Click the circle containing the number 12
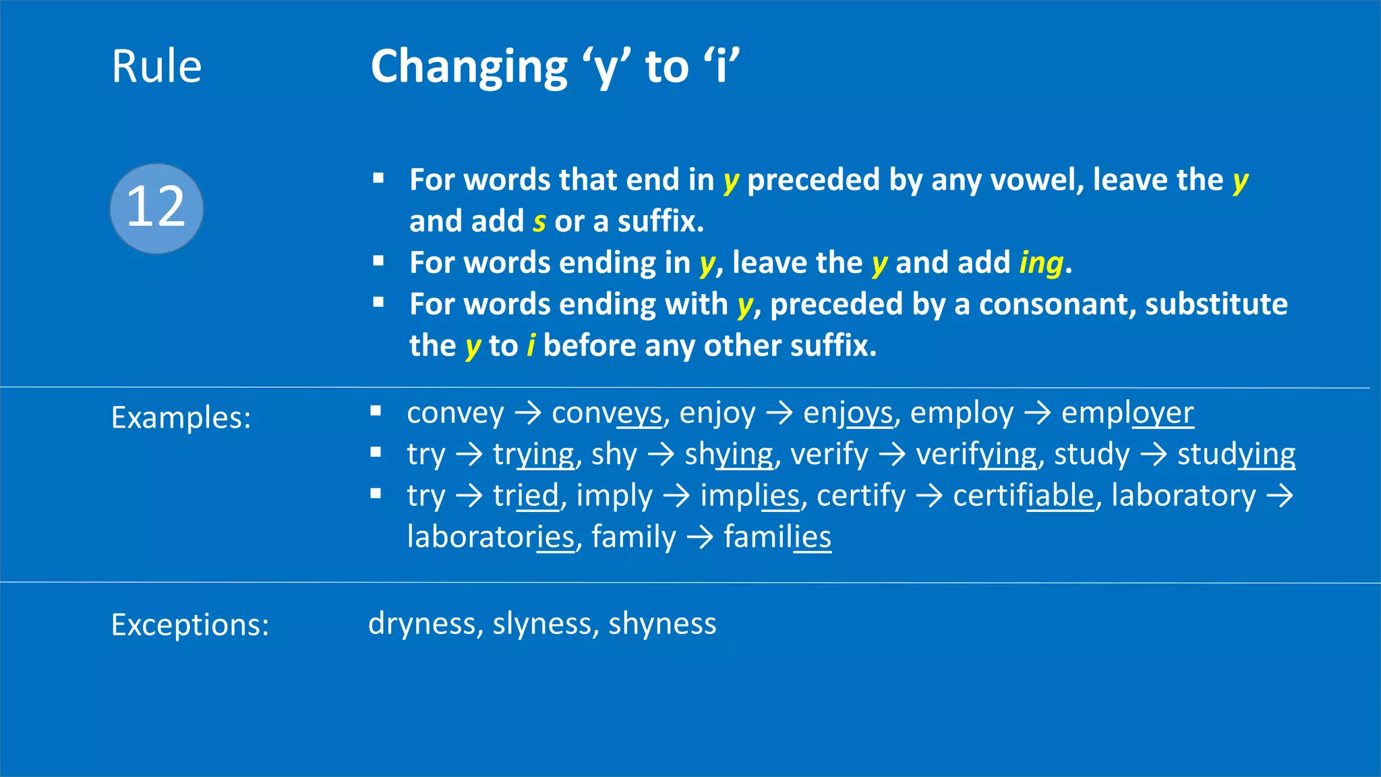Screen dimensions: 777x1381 [156, 208]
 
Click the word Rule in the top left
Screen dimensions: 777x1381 [156, 67]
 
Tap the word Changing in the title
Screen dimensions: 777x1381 [469, 68]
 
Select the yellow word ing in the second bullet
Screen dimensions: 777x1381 [1041, 263]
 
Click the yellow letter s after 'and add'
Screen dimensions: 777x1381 [539, 222]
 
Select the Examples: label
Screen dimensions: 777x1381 [181, 418]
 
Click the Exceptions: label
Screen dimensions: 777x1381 [189, 625]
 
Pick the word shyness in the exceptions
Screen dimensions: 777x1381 [662, 624]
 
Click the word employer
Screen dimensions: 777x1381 [1127, 413]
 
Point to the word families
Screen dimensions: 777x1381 [777, 538]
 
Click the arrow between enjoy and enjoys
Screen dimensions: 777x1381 [780, 413]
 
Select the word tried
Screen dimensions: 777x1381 [526, 496]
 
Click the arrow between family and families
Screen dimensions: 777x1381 [700, 538]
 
